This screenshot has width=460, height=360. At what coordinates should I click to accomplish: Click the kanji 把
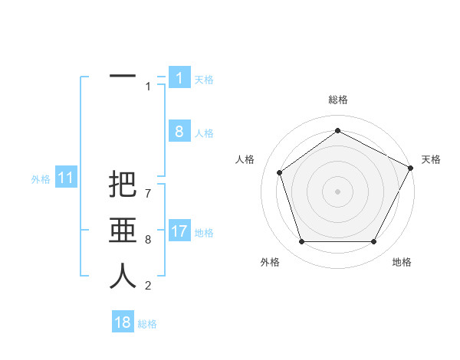(x=123, y=186)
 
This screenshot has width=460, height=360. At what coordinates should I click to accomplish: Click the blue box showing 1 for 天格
(x=179, y=78)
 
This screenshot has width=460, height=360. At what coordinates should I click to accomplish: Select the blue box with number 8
(x=179, y=132)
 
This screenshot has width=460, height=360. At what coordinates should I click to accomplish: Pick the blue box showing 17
(x=179, y=231)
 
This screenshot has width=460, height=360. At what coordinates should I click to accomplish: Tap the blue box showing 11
(x=65, y=178)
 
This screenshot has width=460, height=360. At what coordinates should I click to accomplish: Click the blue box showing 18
(x=123, y=322)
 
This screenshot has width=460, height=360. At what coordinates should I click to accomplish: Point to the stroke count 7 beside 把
(x=148, y=186)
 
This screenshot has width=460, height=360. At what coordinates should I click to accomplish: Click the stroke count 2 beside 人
(x=148, y=286)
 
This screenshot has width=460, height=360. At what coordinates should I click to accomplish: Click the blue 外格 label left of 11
(x=41, y=179)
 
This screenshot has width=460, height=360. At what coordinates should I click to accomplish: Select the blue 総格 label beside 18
(x=147, y=323)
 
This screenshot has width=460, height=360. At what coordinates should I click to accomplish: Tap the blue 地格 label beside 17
(x=204, y=232)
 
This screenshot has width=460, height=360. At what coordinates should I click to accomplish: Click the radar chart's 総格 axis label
(x=337, y=100)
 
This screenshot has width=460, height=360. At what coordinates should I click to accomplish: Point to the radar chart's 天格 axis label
(x=431, y=159)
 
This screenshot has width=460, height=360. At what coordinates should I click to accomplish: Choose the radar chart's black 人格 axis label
(x=245, y=159)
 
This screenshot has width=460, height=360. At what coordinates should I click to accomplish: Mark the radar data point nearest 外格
(x=301, y=241)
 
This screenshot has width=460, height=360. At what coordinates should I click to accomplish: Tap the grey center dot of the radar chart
(x=337, y=191)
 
